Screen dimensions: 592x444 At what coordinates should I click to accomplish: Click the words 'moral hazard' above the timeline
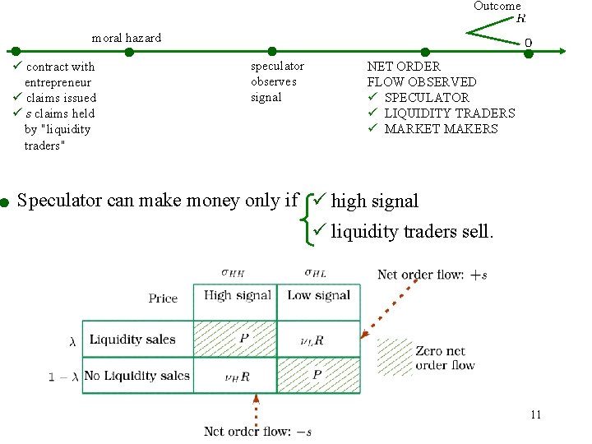(x=127, y=38)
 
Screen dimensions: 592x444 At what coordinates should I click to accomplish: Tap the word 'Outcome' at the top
(x=497, y=6)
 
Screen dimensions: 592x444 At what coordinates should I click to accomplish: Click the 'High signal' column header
(x=237, y=296)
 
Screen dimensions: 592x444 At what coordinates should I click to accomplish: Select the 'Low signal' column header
(x=319, y=296)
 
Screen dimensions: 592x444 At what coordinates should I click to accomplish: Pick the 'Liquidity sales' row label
(x=132, y=340)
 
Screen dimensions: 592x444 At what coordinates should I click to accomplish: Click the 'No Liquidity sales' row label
(x=136, y=376)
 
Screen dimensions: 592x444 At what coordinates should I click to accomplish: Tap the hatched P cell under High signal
(x=243, y=340)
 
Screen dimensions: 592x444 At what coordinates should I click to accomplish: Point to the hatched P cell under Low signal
(x=318, y=376)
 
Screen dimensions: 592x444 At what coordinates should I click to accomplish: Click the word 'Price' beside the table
(x=163, y=298)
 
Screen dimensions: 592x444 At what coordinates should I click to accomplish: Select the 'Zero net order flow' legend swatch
(x=395, y=357)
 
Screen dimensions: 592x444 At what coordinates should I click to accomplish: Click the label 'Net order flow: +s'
(x=432, y=275)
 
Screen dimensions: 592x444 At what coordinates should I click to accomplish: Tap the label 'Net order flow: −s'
(x=257, y=431)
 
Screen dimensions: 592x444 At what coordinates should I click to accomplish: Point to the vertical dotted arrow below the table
(x=256, y=408)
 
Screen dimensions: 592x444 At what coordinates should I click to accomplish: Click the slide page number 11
(x=535, y=414)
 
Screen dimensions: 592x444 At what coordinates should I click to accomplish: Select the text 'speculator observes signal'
(x=277, y=81)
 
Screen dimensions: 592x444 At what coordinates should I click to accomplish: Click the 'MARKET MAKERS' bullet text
(x=441, y=128)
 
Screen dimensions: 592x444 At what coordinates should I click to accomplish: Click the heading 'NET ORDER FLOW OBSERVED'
(x=421, y=74)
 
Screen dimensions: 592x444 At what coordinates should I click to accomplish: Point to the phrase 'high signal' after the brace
(x=375, y=201)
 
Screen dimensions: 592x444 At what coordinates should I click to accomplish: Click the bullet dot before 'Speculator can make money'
(x=5, y=201)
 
